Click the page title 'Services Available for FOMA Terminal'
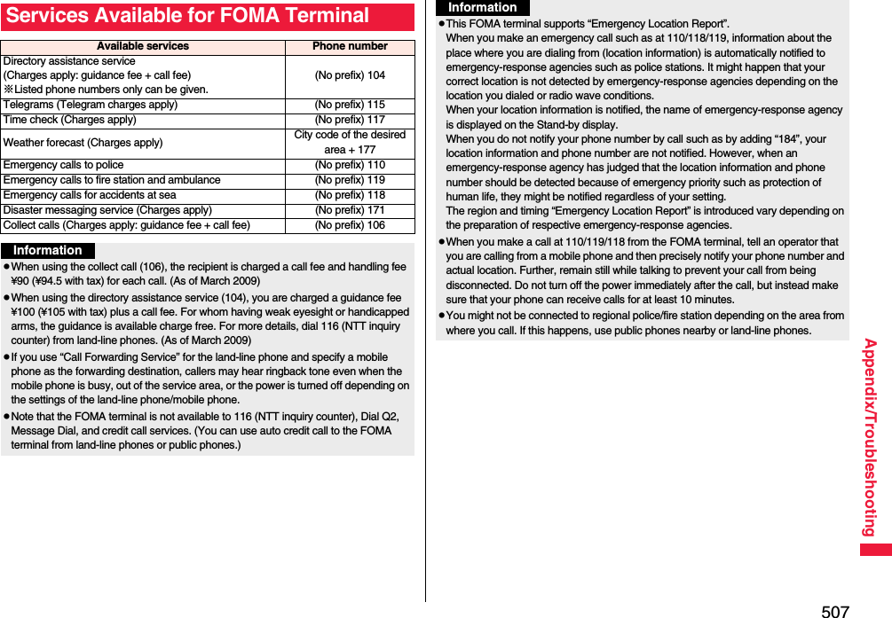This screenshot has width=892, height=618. coord(186,16)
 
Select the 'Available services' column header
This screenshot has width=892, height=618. coord(142,46)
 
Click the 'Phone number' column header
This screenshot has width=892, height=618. coord(350,46)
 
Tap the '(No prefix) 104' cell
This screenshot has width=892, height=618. coord(350,75)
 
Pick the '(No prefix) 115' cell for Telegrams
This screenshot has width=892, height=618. coord(350,105)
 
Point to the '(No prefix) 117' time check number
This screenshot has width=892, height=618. coord(350,120)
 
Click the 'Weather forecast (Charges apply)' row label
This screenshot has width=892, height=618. coord(83,143)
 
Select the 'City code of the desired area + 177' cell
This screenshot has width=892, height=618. coord(350,143)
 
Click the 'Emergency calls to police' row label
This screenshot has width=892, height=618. coord(64,165)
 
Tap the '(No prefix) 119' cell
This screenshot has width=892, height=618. coord(350,180)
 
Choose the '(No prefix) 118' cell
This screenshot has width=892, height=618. coord(350,195)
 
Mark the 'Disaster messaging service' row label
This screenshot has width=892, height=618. coord(107,210)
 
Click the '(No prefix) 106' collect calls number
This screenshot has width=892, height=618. coord(350,225)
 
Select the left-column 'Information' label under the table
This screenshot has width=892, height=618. coord(47,251)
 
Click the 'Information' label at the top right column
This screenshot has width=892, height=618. coord(482,7)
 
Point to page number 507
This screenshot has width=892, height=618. coord(834,610)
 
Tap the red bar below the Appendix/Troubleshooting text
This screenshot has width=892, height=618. coord(874,550)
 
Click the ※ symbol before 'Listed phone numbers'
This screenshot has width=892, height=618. coord(8,90)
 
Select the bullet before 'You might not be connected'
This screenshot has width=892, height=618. coord(441,316)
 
